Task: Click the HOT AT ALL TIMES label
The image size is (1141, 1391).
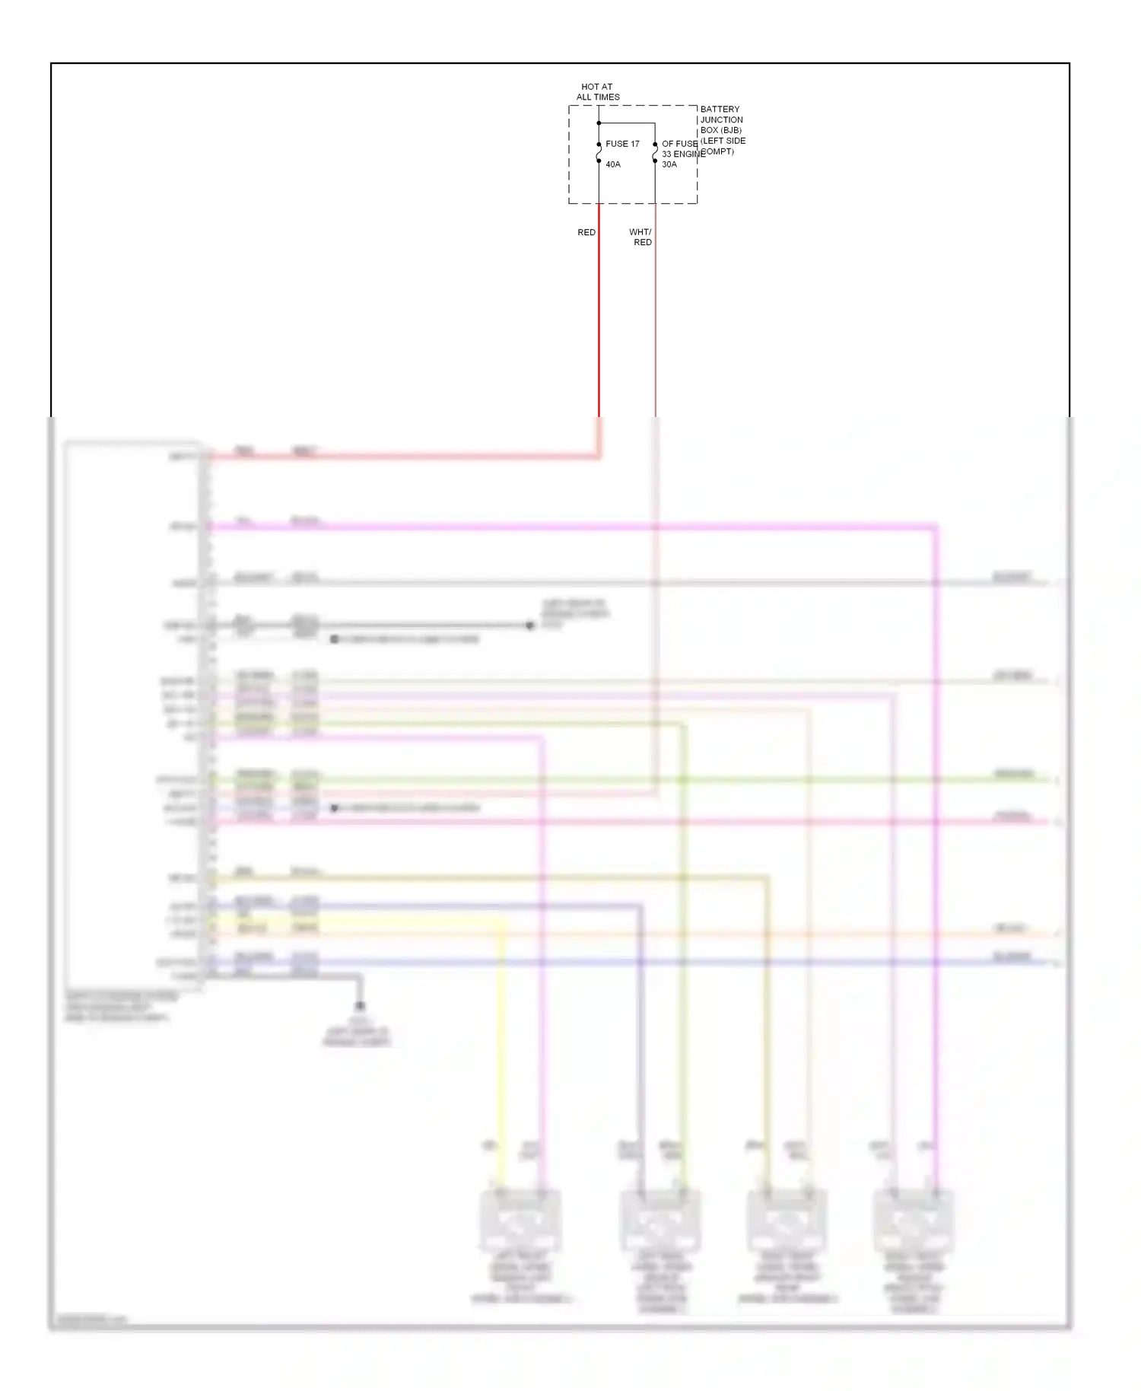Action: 598,92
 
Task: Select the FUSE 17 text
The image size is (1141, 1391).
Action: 622,144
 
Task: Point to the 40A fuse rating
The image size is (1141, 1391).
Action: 613,164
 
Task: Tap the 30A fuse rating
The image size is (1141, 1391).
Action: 669,164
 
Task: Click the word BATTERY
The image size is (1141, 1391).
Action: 720,110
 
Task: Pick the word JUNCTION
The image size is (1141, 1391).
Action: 721,120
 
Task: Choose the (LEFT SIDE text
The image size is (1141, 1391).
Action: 723,141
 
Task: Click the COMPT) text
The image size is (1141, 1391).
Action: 717,151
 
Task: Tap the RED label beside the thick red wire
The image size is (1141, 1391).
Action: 586,233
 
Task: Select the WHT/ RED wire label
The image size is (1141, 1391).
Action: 641,237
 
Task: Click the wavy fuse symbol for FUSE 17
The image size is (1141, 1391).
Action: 599,152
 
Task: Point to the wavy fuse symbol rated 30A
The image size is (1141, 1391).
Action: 655,152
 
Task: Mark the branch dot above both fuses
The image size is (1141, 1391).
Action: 599,123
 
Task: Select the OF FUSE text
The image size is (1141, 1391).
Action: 679,144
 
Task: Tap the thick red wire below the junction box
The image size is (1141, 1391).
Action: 599,320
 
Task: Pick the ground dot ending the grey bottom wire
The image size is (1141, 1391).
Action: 360,1006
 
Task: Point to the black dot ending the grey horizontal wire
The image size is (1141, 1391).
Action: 530,625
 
